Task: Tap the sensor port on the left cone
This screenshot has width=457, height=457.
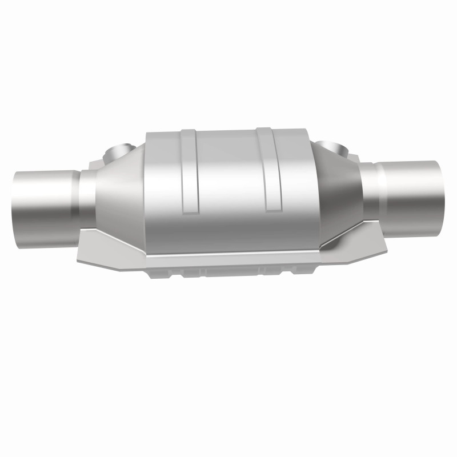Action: (x=119, y=152)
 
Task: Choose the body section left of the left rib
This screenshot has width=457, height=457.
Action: (x=163, y=183)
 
